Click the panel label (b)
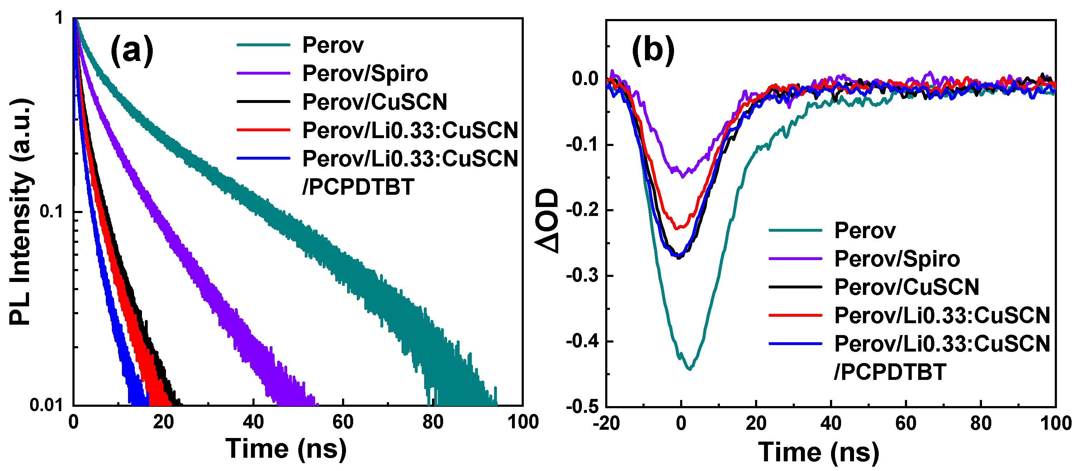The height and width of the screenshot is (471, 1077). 653,51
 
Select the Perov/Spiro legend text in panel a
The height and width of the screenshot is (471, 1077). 365,74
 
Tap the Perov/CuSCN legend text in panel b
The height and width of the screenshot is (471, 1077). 906,287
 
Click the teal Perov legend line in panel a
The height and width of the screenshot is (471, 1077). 264,45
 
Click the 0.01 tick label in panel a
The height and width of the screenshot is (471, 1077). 46,405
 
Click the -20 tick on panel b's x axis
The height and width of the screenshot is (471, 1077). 606,424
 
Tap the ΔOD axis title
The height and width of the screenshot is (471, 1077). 548,221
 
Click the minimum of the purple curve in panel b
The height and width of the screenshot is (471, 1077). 682,176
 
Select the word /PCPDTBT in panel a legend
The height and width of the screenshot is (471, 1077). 358,187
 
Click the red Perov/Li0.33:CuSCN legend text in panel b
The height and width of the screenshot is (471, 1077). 942,315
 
